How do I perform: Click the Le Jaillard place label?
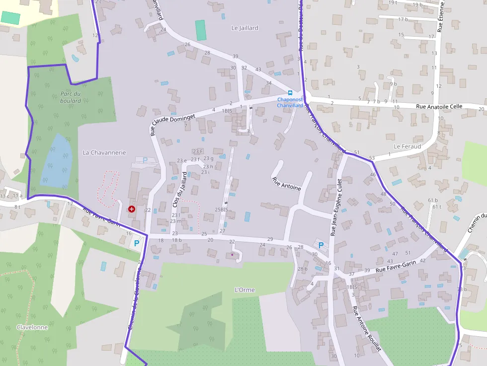tap(245, 28)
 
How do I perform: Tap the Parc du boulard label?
tap(71, 97)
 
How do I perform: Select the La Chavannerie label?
tap(104, 152)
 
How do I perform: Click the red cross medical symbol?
tap(132, 209)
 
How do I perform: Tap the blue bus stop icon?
tap(290, 93)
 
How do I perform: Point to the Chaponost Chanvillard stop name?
tap(290, 102)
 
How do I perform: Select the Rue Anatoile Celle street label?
tap(439, 106)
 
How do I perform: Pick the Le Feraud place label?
tap(407, 146)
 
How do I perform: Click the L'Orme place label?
tap(244, 289)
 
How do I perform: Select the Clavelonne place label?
tap(32, 327)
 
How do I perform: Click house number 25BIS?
tap(221, 210)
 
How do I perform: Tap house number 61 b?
tap(432, 200)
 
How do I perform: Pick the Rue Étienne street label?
tap(440, 17)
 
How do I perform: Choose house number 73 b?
tap(462, 289)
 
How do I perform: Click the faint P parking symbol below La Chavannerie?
tap(145, 160)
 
